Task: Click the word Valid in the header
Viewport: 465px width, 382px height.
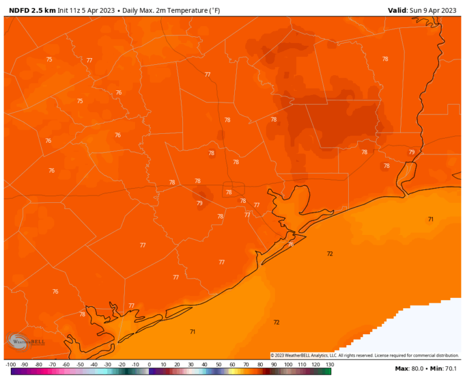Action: pyautogui.click(x=398, y=10)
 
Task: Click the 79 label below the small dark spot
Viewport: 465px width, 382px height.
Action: pyautogui.click(x=200, y=203)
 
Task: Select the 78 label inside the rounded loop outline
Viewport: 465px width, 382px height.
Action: pyautogui.click(x=229, y=193)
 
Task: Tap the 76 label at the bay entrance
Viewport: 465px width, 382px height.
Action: pyautogui.click(x=291, y=244)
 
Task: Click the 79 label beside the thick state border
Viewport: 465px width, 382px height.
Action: pyautogui.click(x=412, y=153)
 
